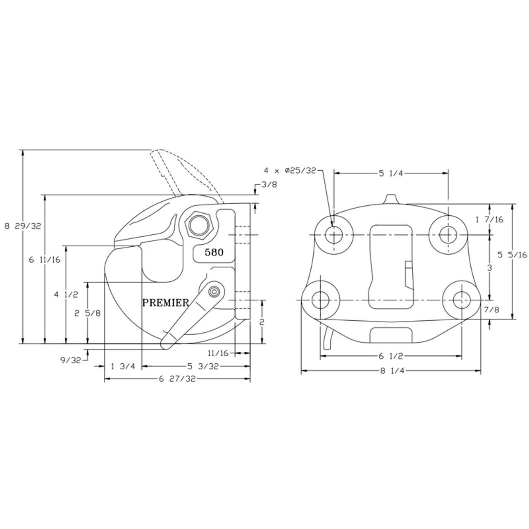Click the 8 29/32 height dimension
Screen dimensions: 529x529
[23, 226]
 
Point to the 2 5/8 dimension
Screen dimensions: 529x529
[87, 313]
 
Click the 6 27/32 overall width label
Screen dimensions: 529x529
[177, 379]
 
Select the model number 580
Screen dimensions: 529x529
[214, 252]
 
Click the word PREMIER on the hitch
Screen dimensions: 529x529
[165, 303]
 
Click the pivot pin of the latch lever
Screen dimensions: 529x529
[214, 292]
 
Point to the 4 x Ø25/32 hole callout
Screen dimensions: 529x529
[290, 170]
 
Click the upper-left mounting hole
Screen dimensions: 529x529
[333, 235]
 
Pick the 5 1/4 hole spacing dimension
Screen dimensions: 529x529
[391, 174]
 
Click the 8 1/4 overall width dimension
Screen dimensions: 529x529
[391, 371]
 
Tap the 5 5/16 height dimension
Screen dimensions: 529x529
[512, 255]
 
